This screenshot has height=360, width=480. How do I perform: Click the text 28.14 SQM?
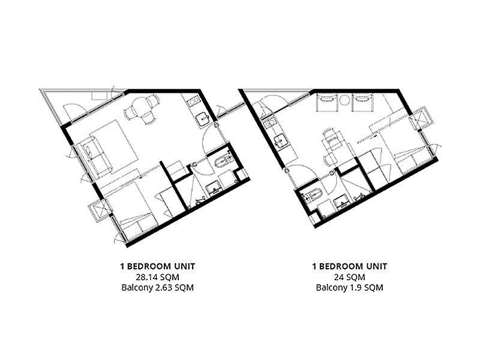point(158,277)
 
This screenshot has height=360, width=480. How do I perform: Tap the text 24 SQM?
point(350,277)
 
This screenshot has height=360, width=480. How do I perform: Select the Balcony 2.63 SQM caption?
point(158,288)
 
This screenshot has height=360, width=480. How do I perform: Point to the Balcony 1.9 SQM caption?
point(350,288)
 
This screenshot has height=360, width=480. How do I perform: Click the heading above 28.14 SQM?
point(158,266)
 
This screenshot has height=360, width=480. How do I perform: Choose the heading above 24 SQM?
point(350,266)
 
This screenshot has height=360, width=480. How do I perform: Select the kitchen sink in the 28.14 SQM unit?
point(203,119)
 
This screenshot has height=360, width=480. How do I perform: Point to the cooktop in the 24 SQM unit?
point(269,124)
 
